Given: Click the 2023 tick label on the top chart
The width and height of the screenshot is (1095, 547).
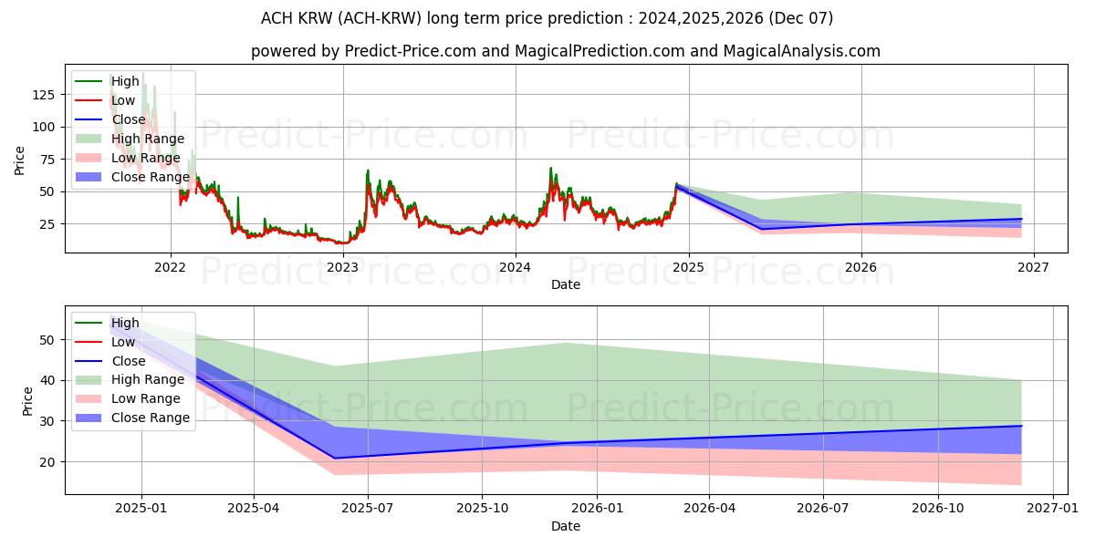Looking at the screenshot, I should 343,267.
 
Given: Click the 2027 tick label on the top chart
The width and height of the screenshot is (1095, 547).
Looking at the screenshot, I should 1033,267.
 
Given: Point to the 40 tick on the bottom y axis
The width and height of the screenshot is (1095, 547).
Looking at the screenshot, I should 49,380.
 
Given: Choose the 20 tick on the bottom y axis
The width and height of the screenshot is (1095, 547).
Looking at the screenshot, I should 49,461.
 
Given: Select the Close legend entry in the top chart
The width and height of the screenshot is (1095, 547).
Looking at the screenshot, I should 129,119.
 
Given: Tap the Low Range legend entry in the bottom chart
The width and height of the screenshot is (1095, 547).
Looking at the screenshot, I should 146,398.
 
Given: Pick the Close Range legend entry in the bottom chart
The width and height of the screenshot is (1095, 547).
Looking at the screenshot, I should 151,418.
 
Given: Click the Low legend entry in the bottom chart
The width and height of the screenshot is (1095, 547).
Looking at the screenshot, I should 124,342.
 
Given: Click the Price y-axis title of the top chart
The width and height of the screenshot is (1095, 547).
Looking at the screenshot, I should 20,160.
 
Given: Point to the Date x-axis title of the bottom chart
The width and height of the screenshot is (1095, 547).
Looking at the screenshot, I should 566,526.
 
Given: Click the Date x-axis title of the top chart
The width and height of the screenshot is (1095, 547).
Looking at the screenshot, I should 566,284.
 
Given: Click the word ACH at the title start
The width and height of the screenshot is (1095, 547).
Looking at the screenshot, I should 278,18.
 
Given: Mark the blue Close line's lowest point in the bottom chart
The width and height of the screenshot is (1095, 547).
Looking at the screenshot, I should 335,458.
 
